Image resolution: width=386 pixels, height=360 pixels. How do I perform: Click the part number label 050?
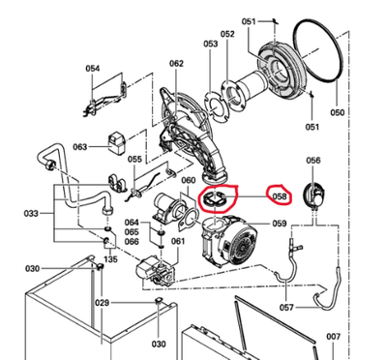coord(337,112)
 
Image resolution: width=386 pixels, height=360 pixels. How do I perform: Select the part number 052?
coord(227,34)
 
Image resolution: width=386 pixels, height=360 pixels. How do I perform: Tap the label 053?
coord(211,44)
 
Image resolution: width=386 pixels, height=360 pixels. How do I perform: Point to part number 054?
coord(93,69)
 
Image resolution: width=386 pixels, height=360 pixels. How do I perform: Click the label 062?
coord(176,64)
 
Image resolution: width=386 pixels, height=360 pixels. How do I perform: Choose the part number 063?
coord(79,147)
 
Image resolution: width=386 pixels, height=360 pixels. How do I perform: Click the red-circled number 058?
coord(280,196)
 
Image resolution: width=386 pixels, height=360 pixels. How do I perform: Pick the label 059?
coord(280,224)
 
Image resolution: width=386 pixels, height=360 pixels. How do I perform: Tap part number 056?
coord(313,161)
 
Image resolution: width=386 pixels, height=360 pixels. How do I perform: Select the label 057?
coord(286,308)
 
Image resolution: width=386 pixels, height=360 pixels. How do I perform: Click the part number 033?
coord(31,213)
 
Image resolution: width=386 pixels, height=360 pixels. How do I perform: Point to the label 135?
coord(110,259)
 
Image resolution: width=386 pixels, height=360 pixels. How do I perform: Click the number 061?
coord(178,241)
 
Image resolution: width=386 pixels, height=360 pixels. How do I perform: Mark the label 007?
coord(333,337)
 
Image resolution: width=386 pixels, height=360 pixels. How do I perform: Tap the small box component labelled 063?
coord(116,143)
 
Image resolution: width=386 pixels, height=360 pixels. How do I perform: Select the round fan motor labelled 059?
coord(229,241)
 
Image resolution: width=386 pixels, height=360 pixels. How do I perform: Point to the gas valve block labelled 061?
coord(157,272)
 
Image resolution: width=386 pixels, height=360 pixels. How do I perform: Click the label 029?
coord(103,303)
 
